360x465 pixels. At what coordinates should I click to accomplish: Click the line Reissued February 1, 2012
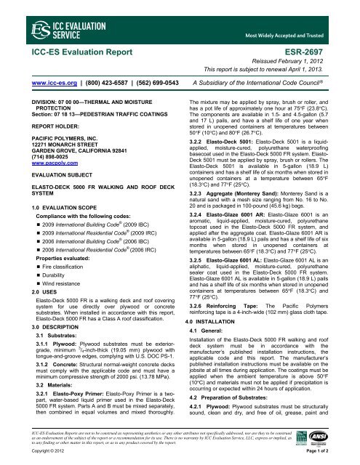pyautogui.click(x=297, y=62)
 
